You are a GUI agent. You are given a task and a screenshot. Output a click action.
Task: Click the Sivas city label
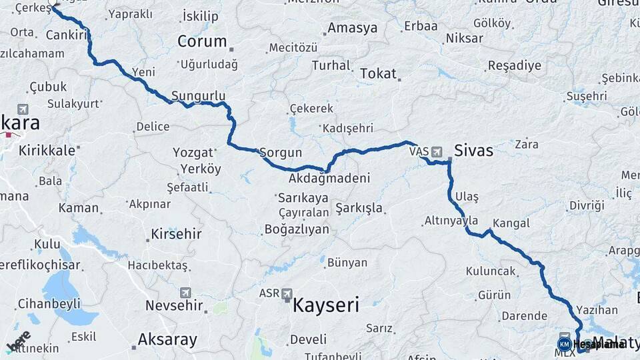click(x=473, y=151)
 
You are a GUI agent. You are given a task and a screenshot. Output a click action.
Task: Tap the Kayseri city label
click(x=326, y=306)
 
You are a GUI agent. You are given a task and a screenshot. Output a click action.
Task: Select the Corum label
click(x=202, y=41)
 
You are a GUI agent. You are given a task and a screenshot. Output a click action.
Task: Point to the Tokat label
click(x=378, y=74)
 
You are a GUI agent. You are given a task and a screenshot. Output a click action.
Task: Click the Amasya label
click(x=353, y=28)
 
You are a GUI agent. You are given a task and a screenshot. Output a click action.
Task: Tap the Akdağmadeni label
click(x=329, y=179)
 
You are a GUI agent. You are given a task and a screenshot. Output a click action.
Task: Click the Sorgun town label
click(x=281, y=153)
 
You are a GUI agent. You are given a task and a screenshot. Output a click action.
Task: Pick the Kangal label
click(x=511, y=223)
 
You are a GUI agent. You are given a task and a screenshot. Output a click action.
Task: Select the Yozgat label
click(x=193, y=152)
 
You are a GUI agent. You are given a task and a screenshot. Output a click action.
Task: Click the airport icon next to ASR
click(x=287, y=293)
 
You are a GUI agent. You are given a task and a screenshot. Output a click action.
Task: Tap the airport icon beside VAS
click(x=437, y=151)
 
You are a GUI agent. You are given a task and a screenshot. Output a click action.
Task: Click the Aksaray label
click(x=167, y=340)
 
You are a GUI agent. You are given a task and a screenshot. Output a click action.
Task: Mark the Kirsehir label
click(x=176, y=234)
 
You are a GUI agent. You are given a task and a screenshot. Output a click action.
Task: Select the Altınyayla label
click(x=451, y=221)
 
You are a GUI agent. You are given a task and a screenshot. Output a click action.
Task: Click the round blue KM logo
click(x=564, y=344)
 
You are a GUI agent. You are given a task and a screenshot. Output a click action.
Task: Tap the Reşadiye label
click(x=515, y=66)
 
